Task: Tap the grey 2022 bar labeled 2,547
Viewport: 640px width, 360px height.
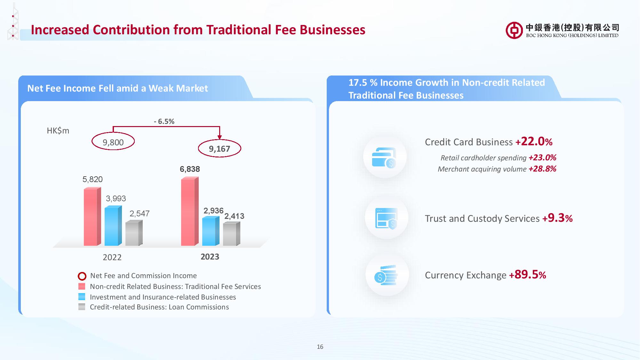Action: click(134, 233)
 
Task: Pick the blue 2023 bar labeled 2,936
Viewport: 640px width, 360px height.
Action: click(211, 231)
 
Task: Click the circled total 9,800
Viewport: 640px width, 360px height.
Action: click(113, 141)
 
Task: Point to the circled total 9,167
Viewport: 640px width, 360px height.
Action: click(220, 148)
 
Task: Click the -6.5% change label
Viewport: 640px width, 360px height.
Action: click(164, 121)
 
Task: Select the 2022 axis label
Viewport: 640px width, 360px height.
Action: click(112, 257)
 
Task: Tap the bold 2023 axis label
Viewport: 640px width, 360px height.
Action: click(210, 257)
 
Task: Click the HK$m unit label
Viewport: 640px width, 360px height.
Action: click(58, 131)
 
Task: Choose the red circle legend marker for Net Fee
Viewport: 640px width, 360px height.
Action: click(82, 276)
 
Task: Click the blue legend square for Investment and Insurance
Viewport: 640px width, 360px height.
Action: click(82, 297)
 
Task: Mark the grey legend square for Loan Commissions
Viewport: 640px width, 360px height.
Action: click(82, 307)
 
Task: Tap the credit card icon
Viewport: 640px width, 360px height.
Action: click(384, 157)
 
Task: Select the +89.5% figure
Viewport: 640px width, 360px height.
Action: click(527, 275)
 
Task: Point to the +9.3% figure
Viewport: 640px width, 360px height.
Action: click(557, 218)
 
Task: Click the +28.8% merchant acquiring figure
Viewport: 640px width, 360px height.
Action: click(542, 169)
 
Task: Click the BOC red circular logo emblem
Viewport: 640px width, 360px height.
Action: click(514, 30)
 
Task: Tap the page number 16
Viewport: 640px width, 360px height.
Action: click(320, 347)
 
